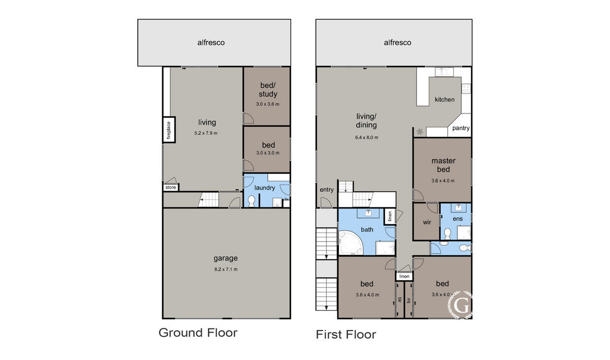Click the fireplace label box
click(169, 130)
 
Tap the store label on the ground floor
click(171, 187)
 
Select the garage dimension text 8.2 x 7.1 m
click(226, 269)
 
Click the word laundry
click(264, 188)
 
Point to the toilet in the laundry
click(251, 201)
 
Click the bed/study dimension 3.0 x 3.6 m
click(267, 104)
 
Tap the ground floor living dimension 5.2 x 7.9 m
click(206, 133)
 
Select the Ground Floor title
click(198, 333)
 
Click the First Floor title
click(346, 335)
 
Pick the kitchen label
click(444, 100)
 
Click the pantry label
click(461, 128)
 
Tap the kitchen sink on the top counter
click(444, 72)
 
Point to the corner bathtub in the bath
click(351, 243)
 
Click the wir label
click(426, 222)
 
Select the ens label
click(457, 219)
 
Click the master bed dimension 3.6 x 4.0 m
click(443, 181)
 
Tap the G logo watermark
click(461, 305)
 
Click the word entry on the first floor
click(326, 190)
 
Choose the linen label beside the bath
click(390, 216)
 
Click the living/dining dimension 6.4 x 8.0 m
click(367, 137)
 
